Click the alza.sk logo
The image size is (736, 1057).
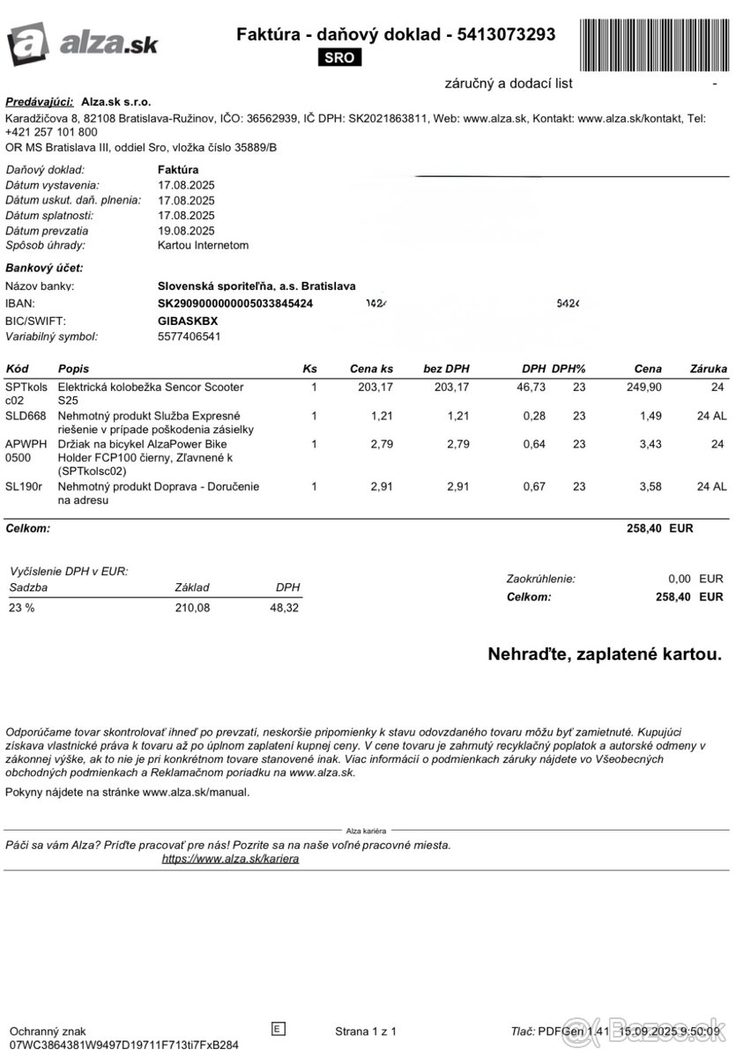82,41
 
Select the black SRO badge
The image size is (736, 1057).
338,58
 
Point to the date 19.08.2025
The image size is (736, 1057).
186,231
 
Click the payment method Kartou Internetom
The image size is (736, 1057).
203,246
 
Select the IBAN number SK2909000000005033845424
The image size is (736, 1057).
234,304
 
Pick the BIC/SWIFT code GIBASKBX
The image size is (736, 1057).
188,321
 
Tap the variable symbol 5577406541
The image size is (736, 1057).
189,336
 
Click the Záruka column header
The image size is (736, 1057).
709,368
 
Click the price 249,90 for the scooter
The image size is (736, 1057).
644,388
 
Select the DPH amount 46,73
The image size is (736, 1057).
528,388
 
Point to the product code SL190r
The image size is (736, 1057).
24,486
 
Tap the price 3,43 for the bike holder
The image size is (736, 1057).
650,444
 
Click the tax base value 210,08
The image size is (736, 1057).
192,608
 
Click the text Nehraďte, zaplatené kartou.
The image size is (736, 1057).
604,654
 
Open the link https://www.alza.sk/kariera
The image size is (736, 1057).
230,859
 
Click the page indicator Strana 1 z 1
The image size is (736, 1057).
366,1031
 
